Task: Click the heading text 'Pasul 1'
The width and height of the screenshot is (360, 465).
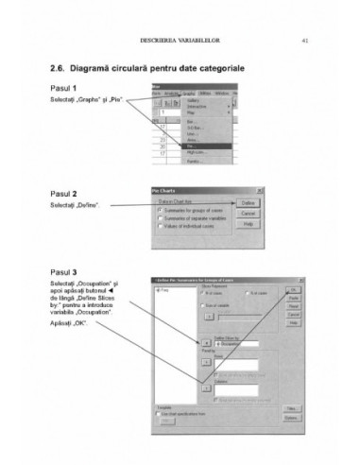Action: coord(63,88)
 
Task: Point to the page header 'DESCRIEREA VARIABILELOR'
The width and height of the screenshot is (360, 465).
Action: coord(180,41)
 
